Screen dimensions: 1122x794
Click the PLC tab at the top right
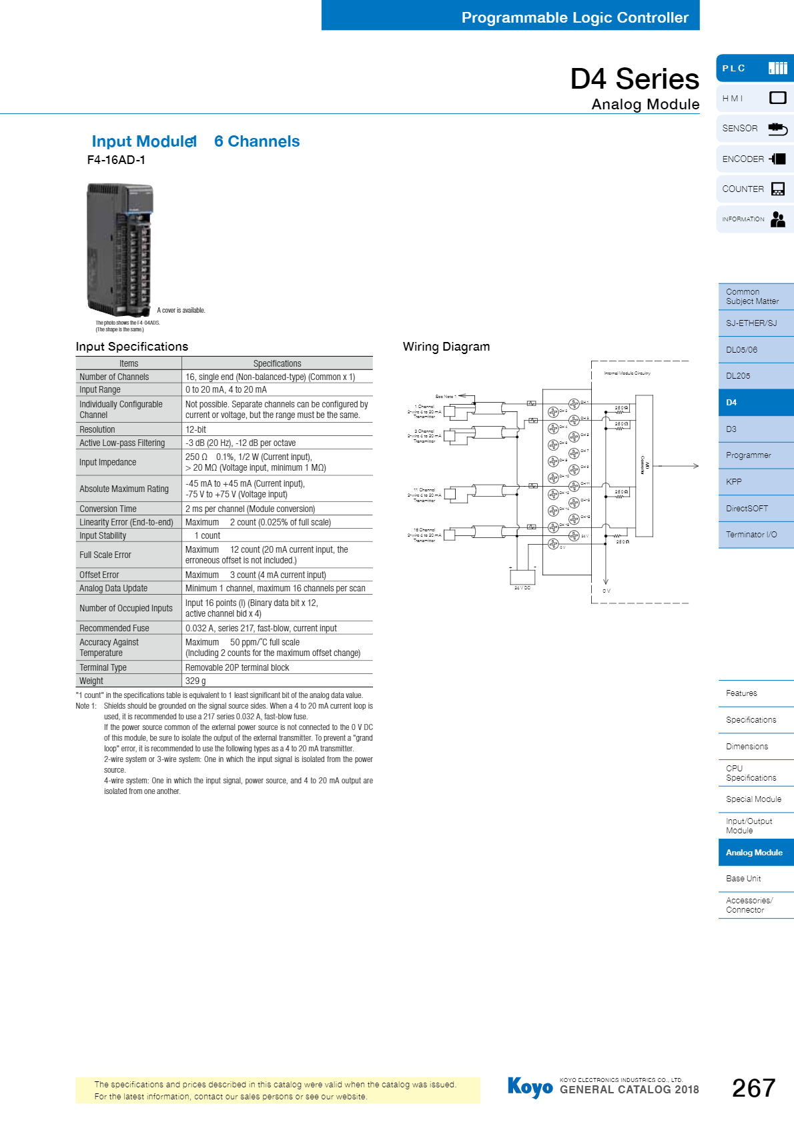pyautogui.click(x=754, y=69)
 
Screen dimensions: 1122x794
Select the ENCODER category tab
pyautogui.click(x=754, y=159)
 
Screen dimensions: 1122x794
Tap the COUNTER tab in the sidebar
pyautogui.click(x=754, y=189)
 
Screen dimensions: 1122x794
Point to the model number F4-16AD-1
pyautogui.click(x=116, y=160)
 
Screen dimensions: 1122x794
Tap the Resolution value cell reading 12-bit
pyautogui.click(x=196, y=430)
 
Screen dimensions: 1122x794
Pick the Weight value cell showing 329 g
pyautogui.click(x=195, y=681)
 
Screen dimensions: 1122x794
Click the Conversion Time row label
pyautogui.click(x=108, y=509)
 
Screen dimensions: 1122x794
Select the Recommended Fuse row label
pyautogui.click(x=114, y=628)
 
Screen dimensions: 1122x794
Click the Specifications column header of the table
pyautogui.click(x=277, y=363)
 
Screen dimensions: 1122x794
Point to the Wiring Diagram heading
pyautogui.click(x=446, y=347)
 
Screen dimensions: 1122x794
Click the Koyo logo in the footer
pyautogui.click(x=530, y=1087)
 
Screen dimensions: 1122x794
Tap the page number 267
pyautogui.click(x=753, y=1088)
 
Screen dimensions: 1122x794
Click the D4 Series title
pyautogui.click(x=634, y=79)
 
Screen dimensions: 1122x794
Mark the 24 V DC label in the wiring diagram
pyautogui.click(x=522, y=588)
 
